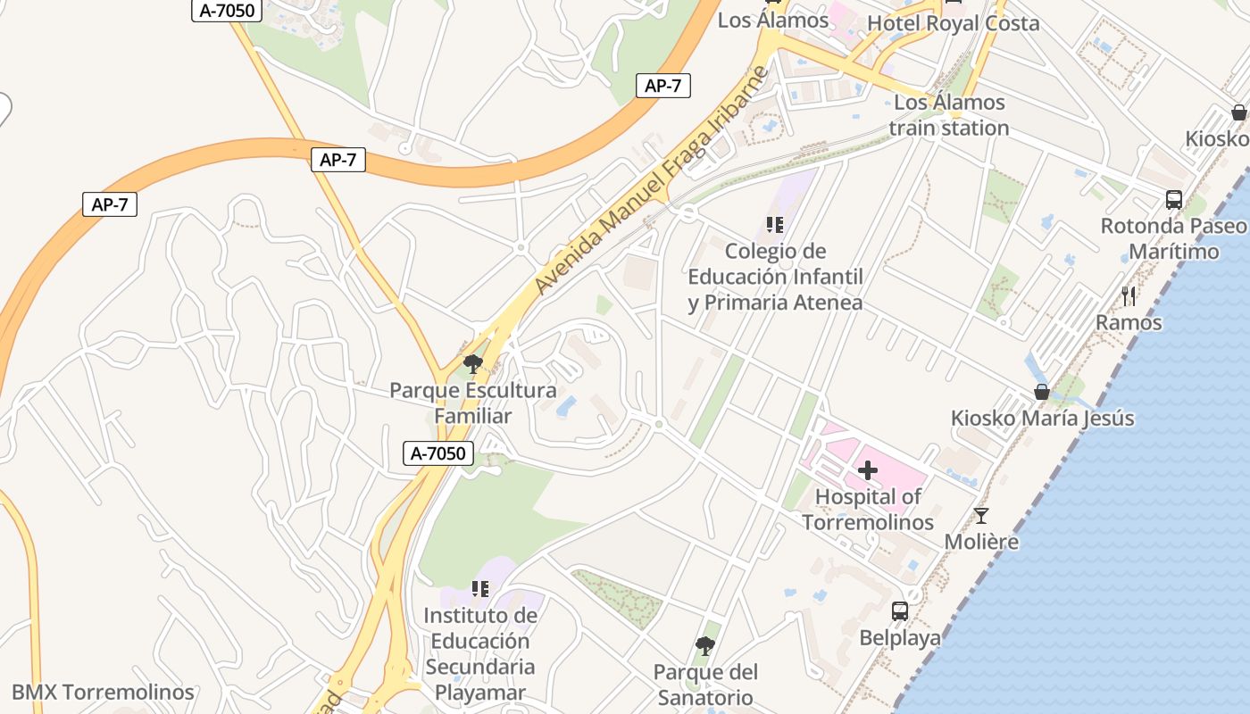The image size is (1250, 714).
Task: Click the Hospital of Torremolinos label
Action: [868, 510]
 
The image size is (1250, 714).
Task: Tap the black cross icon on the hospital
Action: [867, 469]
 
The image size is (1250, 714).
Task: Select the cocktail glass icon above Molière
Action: [981, 516]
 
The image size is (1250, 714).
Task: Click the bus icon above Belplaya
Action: [900, 611]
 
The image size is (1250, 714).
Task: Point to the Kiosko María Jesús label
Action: [1042, 418]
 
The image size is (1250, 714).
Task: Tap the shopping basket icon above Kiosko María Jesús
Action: [1041, 392]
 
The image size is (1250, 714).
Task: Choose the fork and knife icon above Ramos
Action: [1129, 295]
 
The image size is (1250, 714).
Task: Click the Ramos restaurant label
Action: [1129, 322]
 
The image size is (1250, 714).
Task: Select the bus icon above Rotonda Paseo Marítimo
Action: [1173, 200]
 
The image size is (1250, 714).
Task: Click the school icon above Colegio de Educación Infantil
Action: [774, 225]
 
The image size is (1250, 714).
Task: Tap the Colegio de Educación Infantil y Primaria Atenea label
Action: [775, 277]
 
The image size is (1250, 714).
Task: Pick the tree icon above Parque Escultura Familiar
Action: [472, 364]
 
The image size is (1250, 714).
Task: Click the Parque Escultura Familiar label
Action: [472, 403]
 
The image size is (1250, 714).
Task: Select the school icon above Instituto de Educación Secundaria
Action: [480, 589]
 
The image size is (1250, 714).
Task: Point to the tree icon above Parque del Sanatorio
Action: [705, 645]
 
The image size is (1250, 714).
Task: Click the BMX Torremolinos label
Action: [103, 693]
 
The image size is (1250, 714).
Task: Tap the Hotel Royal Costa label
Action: [953, 23]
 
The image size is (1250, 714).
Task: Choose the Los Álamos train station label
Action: [949, 115]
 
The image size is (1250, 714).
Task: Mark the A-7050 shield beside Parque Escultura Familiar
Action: [438, 453]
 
